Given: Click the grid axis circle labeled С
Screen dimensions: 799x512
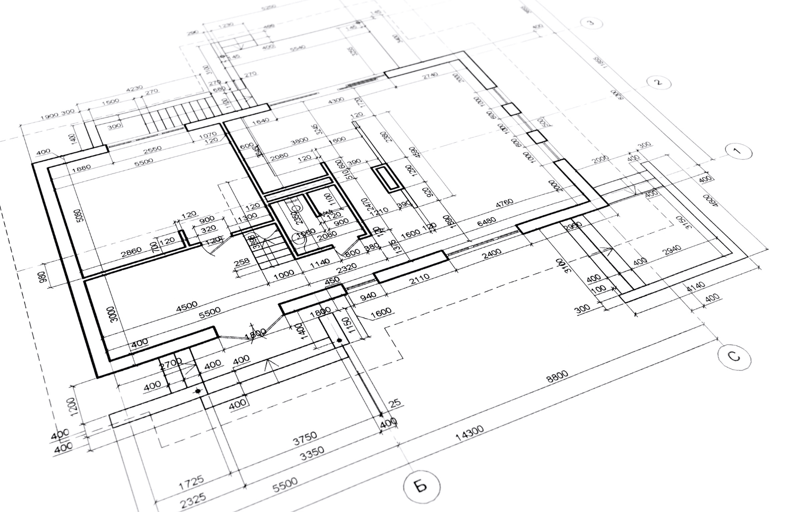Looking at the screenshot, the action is pyautogui.click(x=734, y=356).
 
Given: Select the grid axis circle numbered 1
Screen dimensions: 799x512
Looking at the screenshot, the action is pyautogui.click(x=738, y=151).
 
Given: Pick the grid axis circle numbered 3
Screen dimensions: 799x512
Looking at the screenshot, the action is pyautogui.click(x=591, y=22).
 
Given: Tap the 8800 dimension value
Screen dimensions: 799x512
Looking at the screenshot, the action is pyautogui.click(x=557, y=377).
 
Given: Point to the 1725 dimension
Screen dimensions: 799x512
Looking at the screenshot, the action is pyautogui.click(x=191, y=483).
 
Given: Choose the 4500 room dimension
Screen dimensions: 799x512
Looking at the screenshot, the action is pyautogui.click(x=186, y=307).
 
